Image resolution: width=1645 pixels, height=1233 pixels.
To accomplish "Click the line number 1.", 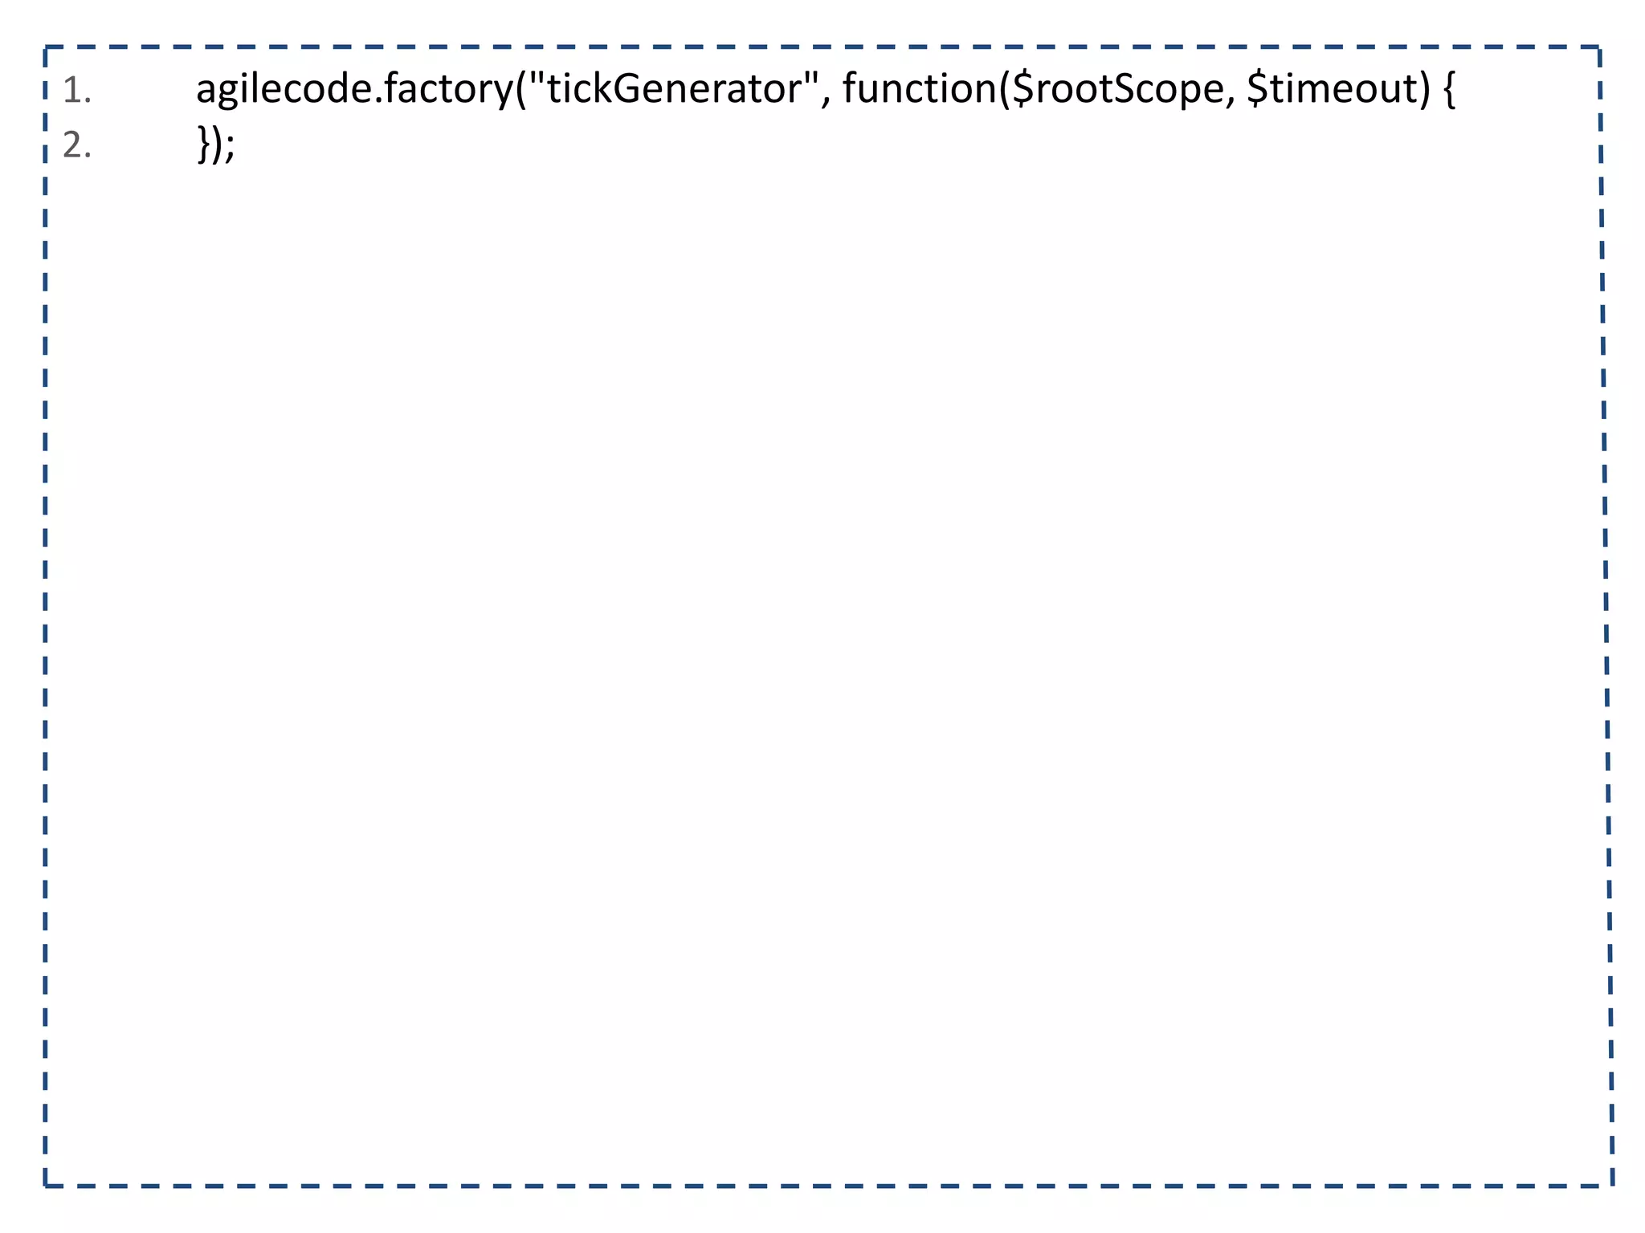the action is pyautogui.click(x=76, y=92).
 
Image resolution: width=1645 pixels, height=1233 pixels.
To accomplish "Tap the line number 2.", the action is pyautogui.click(x=76, y=146).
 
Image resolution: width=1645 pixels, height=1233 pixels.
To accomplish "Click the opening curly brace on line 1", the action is pyautogui.click(x=1448, y=90).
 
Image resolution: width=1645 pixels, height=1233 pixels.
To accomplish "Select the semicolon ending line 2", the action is pyautogui.click(x=230, y=149).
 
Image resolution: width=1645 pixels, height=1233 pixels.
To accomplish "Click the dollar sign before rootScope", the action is pyautogui.click(x=1023, y=89).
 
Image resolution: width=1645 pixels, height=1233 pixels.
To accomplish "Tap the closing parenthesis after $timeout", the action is pyautogui.click(x=1425, y=90).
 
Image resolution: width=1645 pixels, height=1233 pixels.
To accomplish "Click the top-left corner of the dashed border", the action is pyautogui.click(x=46, y=47).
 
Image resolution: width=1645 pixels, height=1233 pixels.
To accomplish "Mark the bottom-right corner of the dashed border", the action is pyautogui.click(x=1612, y=1185).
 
